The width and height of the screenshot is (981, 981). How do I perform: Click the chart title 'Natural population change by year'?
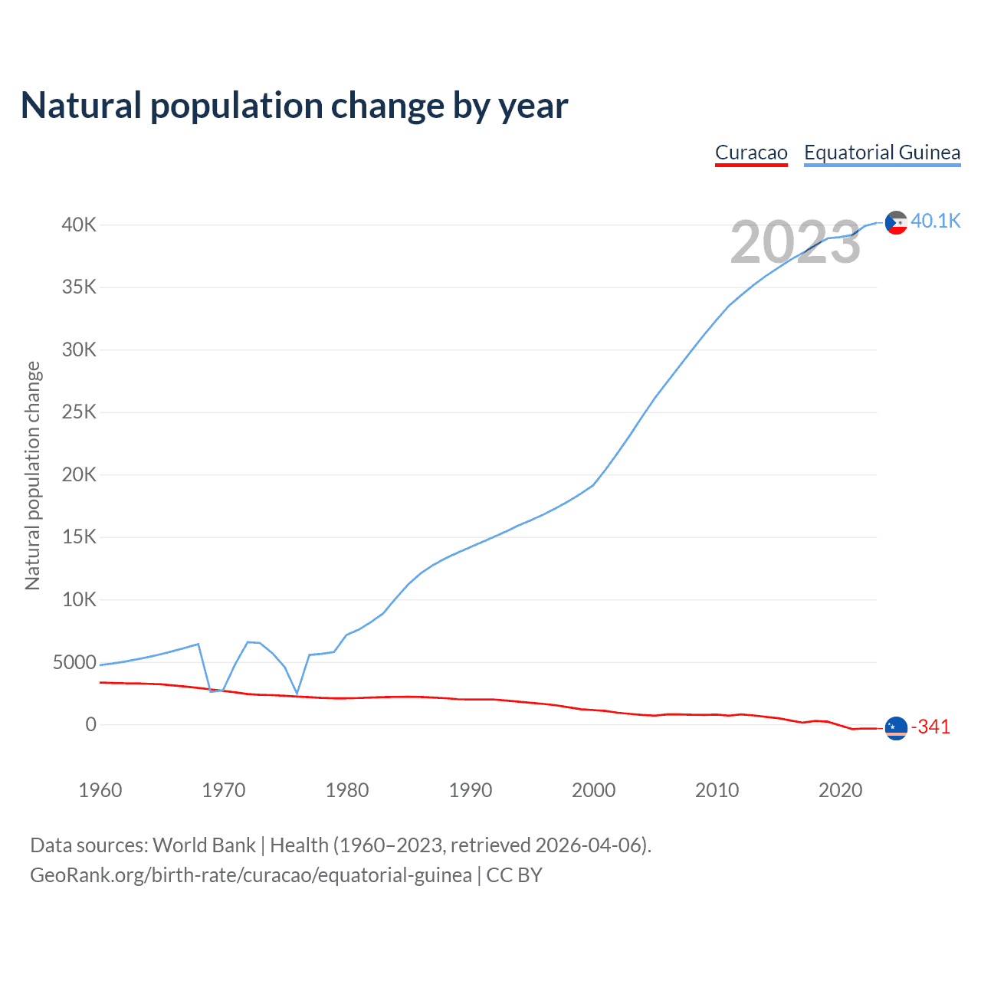tap(294, 106)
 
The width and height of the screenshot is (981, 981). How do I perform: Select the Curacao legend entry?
tap(751, 153)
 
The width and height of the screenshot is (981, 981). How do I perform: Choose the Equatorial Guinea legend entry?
tap(882, 153)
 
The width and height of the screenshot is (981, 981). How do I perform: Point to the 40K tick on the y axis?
tap(80, 225)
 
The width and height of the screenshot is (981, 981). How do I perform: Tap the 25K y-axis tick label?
tap(80, 412)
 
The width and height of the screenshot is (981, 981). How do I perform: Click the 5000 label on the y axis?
tap(74, 662)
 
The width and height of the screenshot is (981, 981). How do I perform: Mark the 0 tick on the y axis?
tap(91, 724)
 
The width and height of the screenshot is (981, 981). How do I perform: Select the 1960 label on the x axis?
tap(100, 790)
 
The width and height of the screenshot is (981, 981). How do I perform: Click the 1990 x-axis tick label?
tap(471, 790)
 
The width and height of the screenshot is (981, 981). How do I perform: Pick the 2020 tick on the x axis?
tap(841, 790)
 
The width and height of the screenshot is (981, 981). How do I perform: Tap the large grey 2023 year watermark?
tap(796, 242)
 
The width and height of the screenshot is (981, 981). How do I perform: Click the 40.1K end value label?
tap(936, 221)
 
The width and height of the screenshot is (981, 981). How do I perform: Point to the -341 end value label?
tap(930, 727)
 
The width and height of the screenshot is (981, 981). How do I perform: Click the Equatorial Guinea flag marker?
tap(896, 222)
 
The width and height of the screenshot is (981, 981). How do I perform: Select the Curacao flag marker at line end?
tap(896, 728)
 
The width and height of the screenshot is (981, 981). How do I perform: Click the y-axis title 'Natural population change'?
tap(32, 475)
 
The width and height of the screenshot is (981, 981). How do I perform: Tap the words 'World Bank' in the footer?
tap(204, 845)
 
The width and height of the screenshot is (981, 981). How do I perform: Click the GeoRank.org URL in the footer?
tap(251, 874)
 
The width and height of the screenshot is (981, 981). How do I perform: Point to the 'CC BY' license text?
tap(514, 874)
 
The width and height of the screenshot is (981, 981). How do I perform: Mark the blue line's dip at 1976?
tap(297, 694)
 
